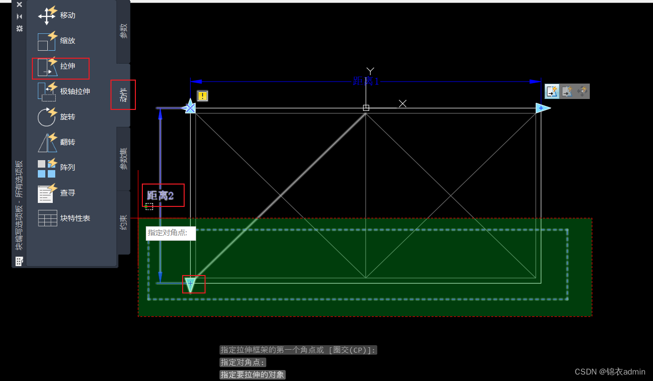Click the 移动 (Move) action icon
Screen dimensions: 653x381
47,15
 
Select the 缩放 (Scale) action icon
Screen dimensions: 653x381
47,41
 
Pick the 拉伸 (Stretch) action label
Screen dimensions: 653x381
68,66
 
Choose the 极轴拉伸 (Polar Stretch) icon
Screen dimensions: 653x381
47,92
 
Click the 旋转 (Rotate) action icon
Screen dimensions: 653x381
47,117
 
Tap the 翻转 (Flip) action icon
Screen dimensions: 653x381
47,142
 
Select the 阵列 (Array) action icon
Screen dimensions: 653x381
47,168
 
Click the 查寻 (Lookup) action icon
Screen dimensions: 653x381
47,193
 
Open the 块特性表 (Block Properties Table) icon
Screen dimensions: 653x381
47,218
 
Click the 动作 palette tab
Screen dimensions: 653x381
123,95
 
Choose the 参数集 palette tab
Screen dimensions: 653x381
123,158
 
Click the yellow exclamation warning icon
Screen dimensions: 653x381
203,96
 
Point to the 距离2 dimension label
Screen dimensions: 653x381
161,195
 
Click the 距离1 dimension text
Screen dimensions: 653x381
366,82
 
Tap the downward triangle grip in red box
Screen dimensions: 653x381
190,284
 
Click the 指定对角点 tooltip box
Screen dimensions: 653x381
171,233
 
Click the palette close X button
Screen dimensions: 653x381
19,4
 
